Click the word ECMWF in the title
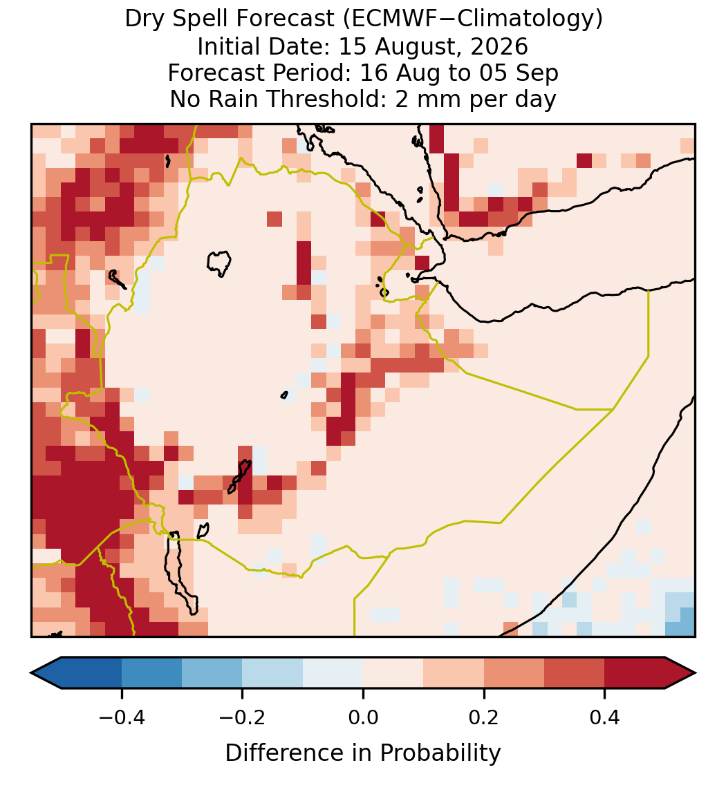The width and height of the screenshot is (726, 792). (x=389, y=19)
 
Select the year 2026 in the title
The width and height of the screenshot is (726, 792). (x=499, y=46)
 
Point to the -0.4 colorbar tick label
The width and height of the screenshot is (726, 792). (x=122, y=717)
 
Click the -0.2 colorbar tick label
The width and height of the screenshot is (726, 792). (x=243, y=717)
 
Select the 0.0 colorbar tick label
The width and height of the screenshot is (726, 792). (x=363, y=717)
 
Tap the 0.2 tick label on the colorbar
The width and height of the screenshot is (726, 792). (x=484, y=717)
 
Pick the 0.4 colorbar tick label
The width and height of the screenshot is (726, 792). (x=605, y=717)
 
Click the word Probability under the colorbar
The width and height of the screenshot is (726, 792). (x=440, y=753)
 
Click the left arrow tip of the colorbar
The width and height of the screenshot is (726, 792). (x=31, y=673)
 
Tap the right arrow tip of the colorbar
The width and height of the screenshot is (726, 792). (x=696, y=673)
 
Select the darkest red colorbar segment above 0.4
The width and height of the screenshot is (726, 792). (x=635, y=673)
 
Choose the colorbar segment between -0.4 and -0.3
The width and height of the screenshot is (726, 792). (x=151, y=673)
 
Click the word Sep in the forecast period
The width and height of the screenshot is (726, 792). (x=537, y=73)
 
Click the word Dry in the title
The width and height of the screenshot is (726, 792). (x=145, y=19)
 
